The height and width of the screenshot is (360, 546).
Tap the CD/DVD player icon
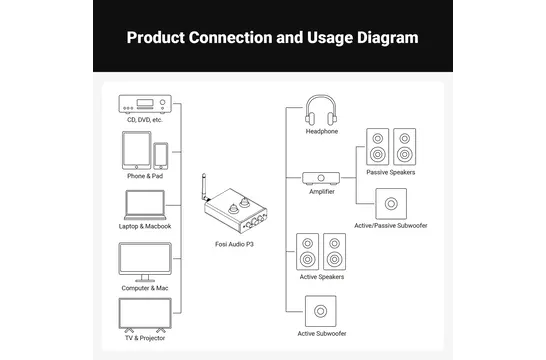[x=145, y=104]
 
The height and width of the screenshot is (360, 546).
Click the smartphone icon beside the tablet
[x=161, y=156]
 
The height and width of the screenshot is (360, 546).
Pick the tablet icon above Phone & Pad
[x=136, y=150]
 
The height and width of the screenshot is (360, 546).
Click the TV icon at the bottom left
[x=145, y=313]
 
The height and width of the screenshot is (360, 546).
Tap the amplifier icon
[x=321, y=178]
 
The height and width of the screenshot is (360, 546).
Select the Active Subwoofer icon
[x=321, y=311]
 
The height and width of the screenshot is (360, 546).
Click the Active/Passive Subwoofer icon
[x=391, y=204]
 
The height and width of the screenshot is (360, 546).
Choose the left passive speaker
[x=377, y=147]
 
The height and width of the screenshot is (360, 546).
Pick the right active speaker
[x=335, y=252]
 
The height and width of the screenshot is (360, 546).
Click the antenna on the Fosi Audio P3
[x=204, y=187]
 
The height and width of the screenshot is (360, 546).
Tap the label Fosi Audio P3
[x=234, y=244]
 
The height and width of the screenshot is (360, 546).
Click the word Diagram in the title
[x=388, y=38]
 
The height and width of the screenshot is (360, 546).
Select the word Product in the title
[x=156, y=38]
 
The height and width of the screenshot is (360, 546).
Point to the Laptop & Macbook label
[x=145, y=226]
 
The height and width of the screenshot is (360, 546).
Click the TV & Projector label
[x=145, y=338]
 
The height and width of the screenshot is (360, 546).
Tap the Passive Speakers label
[x=391, y=172]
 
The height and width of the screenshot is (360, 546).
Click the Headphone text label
[x=322, y=131]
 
